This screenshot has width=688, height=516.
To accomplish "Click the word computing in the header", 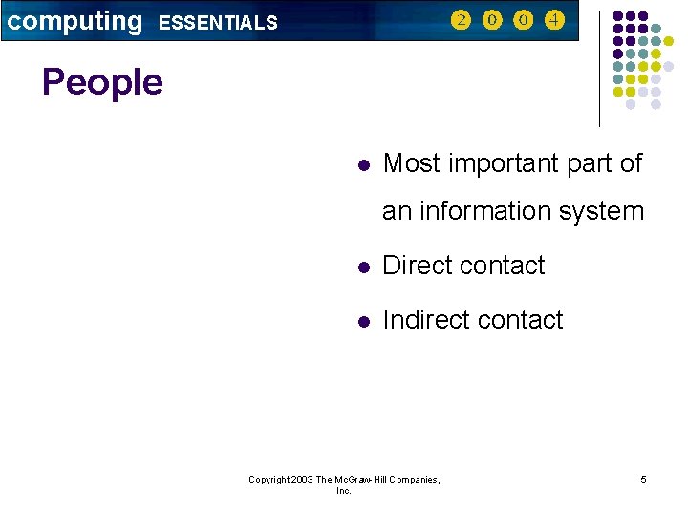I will tap(74, 21).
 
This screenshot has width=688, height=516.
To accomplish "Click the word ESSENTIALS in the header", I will tap(218, 23).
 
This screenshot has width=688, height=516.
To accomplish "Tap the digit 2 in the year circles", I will tap(462, 20).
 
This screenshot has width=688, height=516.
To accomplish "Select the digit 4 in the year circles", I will tap(554, 20).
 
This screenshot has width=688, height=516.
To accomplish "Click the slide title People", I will tap(102, 82).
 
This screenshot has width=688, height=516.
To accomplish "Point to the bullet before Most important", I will tap(362, 164).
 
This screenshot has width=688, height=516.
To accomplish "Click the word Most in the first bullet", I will tap(412, 163).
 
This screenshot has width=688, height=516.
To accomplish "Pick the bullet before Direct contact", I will tap(362, 267).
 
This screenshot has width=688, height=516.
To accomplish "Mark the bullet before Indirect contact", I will tap(362, 321).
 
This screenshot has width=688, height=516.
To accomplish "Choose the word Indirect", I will tap(426, 320).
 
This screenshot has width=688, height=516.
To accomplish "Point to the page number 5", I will tap(643, 479).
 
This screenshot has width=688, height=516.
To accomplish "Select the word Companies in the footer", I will tap(414, 479).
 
